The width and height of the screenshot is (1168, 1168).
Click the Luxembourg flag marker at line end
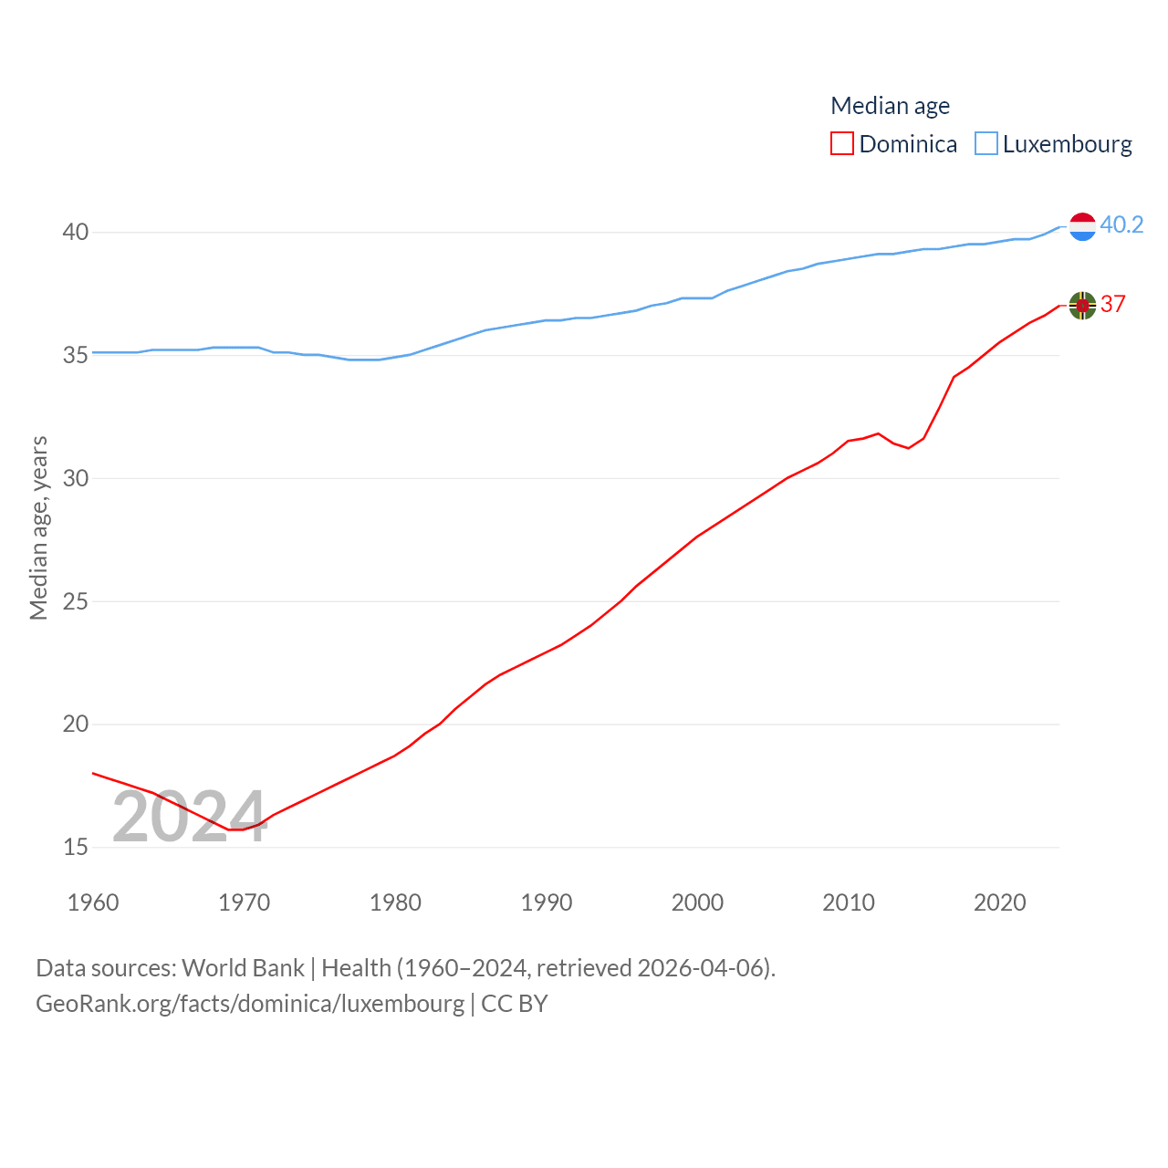pos(1082,226)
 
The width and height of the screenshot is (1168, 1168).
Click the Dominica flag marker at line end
pos(1082,306)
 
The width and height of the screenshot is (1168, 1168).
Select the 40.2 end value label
pos(1121,224)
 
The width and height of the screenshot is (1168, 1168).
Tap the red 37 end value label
pos(1113,304)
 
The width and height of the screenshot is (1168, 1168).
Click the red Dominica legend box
pos(841,144)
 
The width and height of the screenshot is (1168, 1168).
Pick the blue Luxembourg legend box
pos(986,144)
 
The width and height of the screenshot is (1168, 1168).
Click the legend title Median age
pos(890,106)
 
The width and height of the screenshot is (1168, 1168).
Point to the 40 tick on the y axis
pos(76,233)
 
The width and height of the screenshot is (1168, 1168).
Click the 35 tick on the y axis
pos(76,355)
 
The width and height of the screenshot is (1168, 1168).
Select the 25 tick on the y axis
pos(76,601)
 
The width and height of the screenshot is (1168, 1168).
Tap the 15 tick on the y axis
pos(76,848)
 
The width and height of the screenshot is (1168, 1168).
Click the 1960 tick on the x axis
pos(93,902)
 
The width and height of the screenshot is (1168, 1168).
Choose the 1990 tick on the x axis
pos(547,902)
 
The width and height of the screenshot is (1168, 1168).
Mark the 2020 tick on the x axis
pos(1000,902)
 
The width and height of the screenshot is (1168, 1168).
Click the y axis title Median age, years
pos(38,528)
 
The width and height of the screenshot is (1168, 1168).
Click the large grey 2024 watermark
pos(189,817)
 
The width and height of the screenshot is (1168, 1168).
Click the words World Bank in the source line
pos(243,968)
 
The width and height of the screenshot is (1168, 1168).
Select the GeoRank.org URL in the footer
pos(250,1004)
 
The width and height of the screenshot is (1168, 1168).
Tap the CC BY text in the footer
pos(515,1004)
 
